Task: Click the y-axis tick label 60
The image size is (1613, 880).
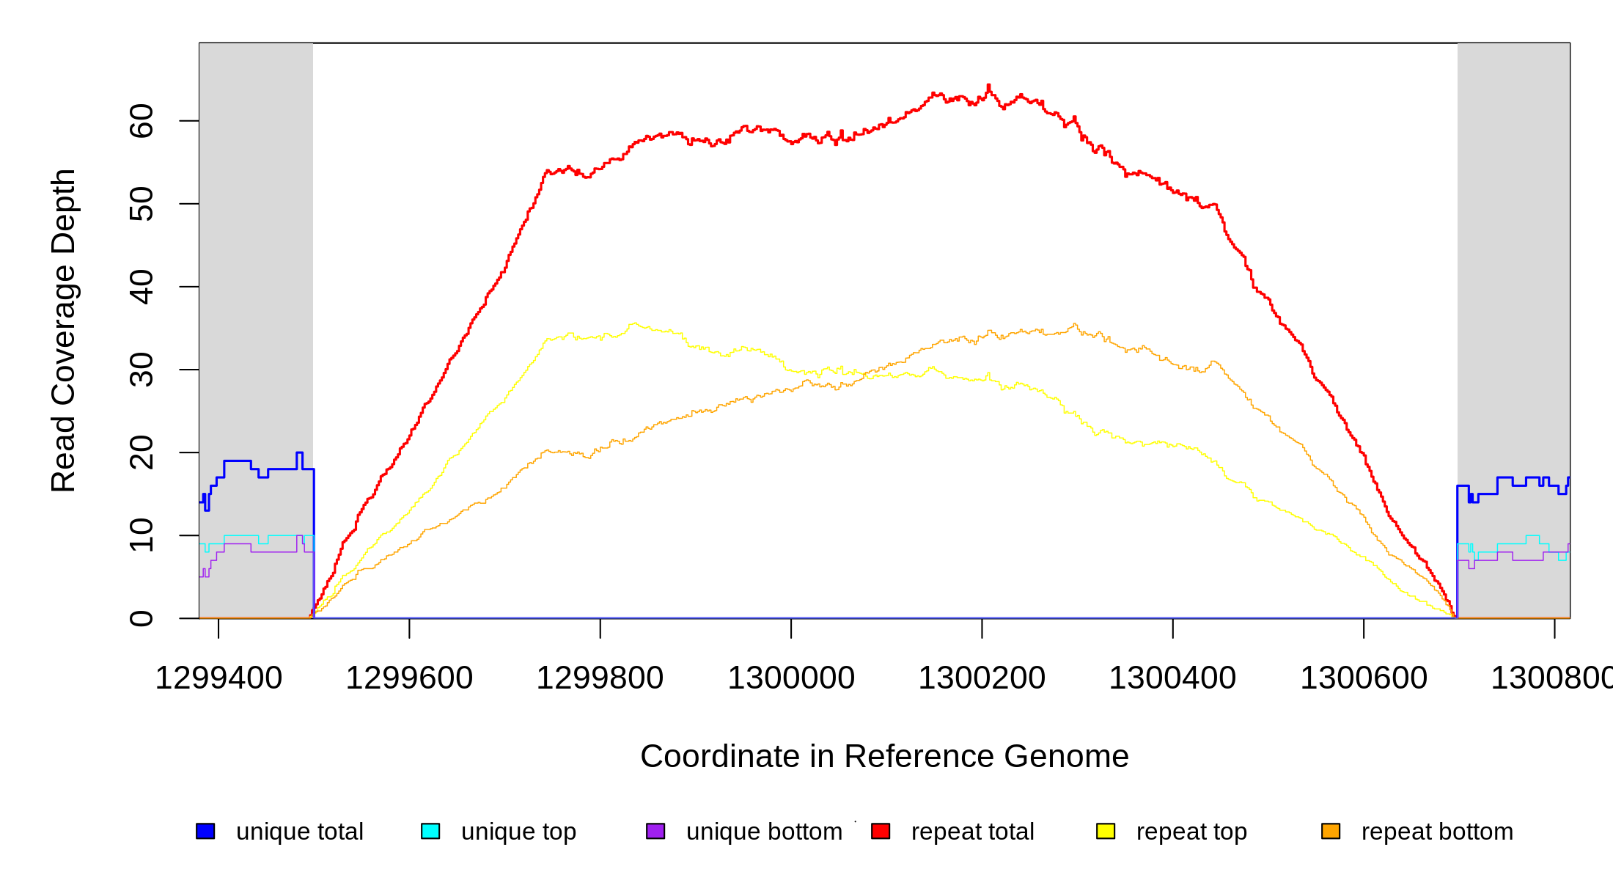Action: pyautogui.click(x=141, y=121)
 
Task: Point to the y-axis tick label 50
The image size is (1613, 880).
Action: pyautogui.click(x=141, y=204)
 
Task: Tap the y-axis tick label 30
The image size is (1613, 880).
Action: pyautogui.click(x=141, y=370)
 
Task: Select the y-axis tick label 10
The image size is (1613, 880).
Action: pyautogui.click(x=141, y=535)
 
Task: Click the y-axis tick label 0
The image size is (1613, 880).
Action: pyautogui.click(x=141, y=618)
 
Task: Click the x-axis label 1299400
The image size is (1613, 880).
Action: pyautogui.click(x=218, y=678)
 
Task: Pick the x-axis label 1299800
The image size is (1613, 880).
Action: pyautogui.click(x=600, y=678)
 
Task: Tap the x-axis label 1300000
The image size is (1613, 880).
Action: pyautogui.click(x=791, y=678)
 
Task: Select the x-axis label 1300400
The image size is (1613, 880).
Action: pyautogui.click(x=1172, y=678)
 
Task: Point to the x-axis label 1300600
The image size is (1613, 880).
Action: pyautogui.click(x=1364, y=678)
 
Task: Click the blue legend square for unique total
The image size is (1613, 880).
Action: pyautogui.click(x=205, y=831)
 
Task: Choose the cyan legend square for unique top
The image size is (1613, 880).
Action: pyautogui.click(x=430, y=831)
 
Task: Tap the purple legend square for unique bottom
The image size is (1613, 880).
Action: pyautogui.click(x=655, y=831)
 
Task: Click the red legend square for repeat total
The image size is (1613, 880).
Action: pyautogui.click(x=881, y=831)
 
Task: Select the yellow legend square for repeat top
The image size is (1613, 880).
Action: pyautogui.click(x=1106, y=831)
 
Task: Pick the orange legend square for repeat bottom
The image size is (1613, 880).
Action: pyautogui.click(x=1331, y=831)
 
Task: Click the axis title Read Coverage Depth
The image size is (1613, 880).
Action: pyautogui.click(x=63, y=330)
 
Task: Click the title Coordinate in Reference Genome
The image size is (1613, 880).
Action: pyautogui.click(x=884, y=756)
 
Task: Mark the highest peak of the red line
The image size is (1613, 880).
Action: pyautogui.click(x=988, y=86)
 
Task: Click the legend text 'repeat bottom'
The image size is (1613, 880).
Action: pyautogui.click(x=1437, y=832)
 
